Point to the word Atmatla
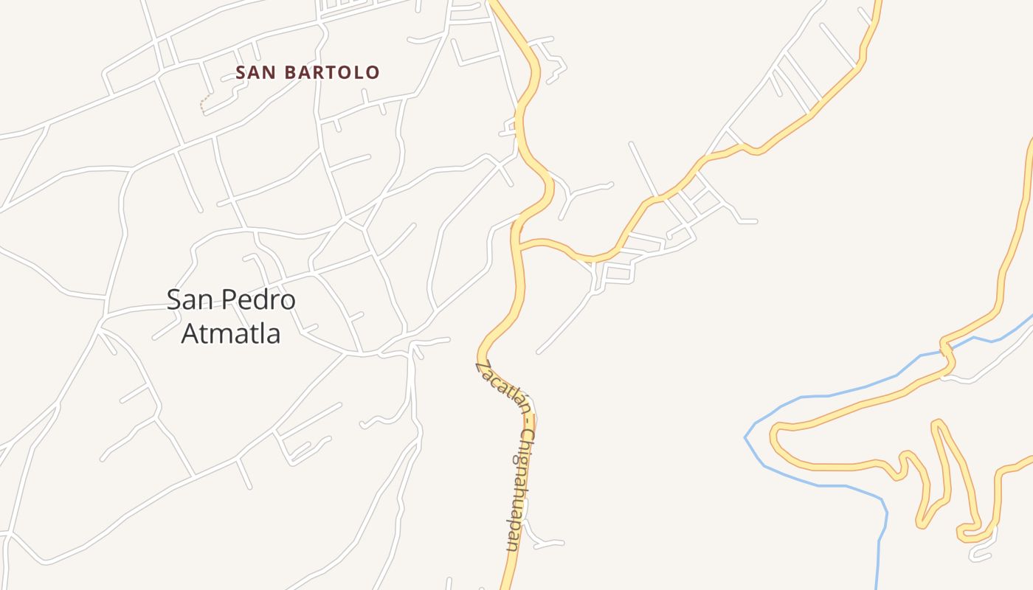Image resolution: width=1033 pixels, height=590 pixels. pos(231,333)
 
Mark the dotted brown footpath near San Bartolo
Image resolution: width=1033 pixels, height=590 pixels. pos(204,103)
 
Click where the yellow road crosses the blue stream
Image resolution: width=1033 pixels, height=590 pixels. pos(946,349)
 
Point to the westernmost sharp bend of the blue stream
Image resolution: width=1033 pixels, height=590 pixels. pos(746,437)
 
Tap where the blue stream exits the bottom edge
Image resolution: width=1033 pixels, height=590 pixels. pos(878,586)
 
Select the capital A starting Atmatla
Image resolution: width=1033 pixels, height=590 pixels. pos(190,333)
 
